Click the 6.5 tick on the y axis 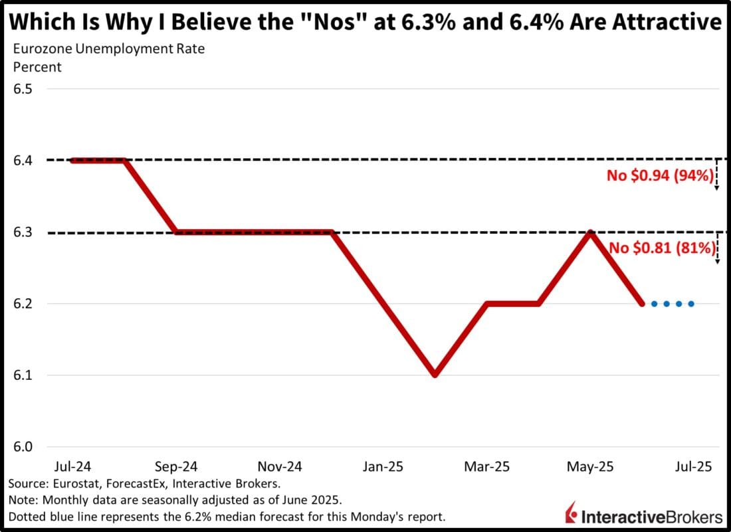[24, 89]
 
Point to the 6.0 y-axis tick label [24, 447]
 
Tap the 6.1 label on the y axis [24, 375]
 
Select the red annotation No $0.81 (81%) [663, 248]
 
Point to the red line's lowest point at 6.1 [435, 375]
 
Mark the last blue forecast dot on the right [692, 304]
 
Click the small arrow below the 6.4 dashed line [717, 179]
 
